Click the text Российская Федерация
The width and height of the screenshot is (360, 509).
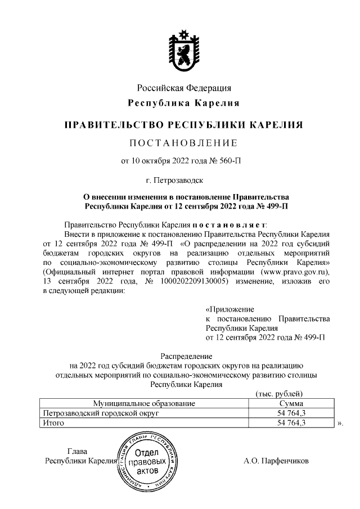(x=184, y=88)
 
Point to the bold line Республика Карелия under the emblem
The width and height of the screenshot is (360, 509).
(x=184, y=103)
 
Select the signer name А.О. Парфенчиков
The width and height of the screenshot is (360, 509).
(x=276, y=461)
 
